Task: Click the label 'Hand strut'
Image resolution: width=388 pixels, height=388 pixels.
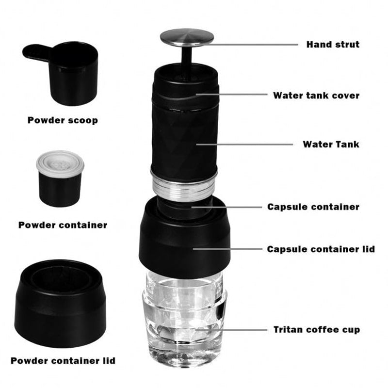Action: tap(333, 45)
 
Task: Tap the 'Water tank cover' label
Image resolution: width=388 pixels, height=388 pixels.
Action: tap(316, 95)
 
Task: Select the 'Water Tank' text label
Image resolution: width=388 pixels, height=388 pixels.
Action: tap(331, 144)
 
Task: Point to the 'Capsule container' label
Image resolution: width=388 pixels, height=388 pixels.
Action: tap(313, 207)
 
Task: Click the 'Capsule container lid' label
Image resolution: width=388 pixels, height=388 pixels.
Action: tap(321, 249)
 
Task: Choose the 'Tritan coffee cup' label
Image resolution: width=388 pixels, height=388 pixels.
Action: tap(317, 330)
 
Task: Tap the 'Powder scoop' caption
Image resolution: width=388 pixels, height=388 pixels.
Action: tap(63, 120)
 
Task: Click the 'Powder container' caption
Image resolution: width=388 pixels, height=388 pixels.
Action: tap(63, 225)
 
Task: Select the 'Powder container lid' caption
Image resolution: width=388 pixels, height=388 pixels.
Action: tap(63, 360)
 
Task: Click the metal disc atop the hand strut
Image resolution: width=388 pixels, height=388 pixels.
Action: tap(187, 37)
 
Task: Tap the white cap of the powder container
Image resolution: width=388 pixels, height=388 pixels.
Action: tap(60, 163)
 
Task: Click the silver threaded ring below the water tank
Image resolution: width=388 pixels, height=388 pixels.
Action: tap(184, 186)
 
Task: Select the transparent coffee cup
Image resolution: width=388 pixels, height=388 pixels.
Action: tap(184, 319)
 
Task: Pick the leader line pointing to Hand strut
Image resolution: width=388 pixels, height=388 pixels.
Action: tap(250, 45)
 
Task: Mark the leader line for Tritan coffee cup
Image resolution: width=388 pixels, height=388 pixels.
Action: tap(231, 330)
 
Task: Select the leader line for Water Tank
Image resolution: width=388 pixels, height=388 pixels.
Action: tap(244, 144)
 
